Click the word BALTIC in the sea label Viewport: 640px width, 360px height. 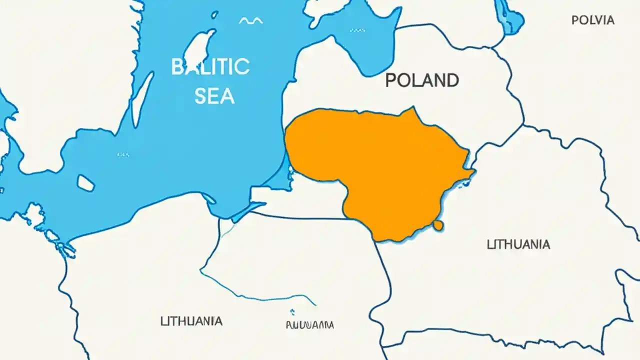tap(210, 66)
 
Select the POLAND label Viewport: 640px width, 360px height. tap(422, 80)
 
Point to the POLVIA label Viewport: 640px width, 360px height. tap(592, 20)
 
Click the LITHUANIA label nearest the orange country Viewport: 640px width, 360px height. tap(518, 244)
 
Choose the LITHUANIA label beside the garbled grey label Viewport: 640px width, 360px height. tap(191, 321)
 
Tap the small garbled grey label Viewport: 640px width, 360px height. tap(309, 325)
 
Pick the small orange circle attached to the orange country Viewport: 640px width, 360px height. tap(438, 225)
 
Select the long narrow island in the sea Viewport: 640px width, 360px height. tap(142, 100)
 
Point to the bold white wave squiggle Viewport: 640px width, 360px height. tap(250, 21)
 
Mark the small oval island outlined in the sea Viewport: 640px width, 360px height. tap(85, 183)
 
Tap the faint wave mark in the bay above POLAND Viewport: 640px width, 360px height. tap(357, 30)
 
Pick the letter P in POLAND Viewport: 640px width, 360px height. tap(391, 80)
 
